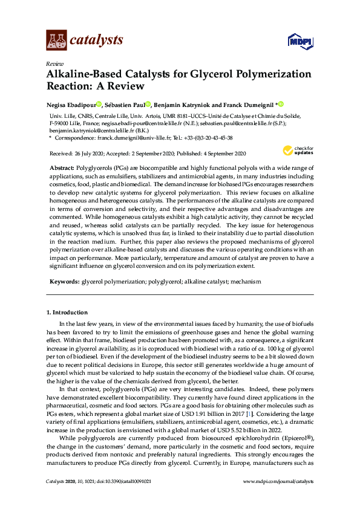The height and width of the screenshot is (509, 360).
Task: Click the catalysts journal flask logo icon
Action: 56,41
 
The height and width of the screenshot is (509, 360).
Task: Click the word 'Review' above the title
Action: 54,63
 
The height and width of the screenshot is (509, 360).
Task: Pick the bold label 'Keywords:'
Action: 64,282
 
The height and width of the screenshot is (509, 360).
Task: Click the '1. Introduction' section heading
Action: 67,313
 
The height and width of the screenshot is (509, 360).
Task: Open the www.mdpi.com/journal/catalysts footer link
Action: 278,498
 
